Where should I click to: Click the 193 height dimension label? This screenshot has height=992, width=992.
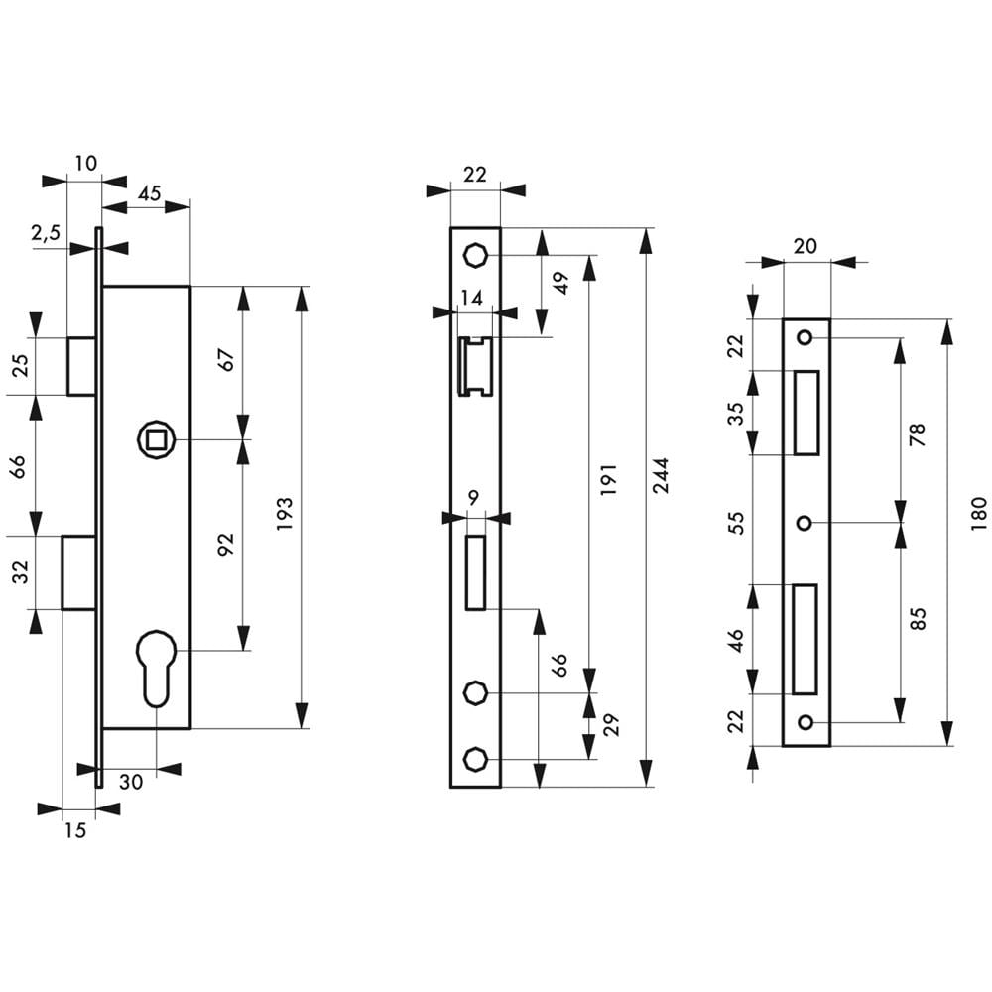285,514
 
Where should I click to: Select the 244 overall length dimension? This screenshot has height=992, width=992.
660,476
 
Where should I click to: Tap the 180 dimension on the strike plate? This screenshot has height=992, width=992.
979,513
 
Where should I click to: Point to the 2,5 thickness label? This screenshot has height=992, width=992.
46,233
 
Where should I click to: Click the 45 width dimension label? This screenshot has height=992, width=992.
150,193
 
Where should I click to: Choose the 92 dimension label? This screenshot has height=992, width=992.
225,544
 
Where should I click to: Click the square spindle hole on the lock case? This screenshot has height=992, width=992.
156,439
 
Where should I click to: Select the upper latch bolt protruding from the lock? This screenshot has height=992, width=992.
81,366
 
